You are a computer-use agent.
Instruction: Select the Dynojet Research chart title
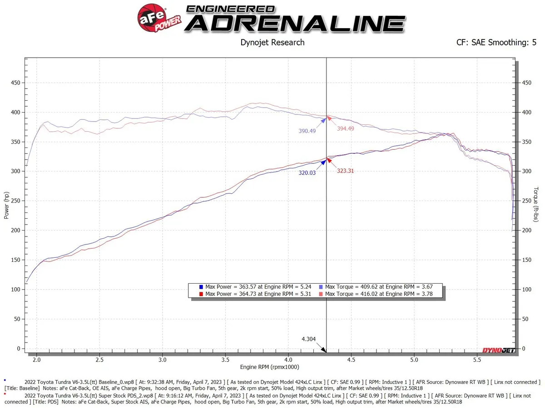click(x=272, y=43)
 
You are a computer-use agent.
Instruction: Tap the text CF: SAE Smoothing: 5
click(x=496, y=43)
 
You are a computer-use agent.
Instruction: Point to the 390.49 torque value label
click(x=307, y=131)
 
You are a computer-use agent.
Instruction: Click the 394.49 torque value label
click(x=346, y=128)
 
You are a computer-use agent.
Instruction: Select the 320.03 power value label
click(x=307, y=172)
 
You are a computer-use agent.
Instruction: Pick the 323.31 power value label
click(x=346, y=171)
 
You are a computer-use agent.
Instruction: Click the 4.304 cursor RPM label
click(x=309, y=339)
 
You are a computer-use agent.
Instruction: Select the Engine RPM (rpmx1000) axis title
click(x=270, y=367)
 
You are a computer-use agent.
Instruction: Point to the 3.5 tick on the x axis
click(x=225, y=360)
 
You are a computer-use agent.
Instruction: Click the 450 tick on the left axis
click(x=16, y=83)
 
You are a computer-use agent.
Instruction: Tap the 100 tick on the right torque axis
click(x=527, y=289)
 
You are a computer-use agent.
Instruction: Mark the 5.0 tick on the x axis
click(x=413, y=360)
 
